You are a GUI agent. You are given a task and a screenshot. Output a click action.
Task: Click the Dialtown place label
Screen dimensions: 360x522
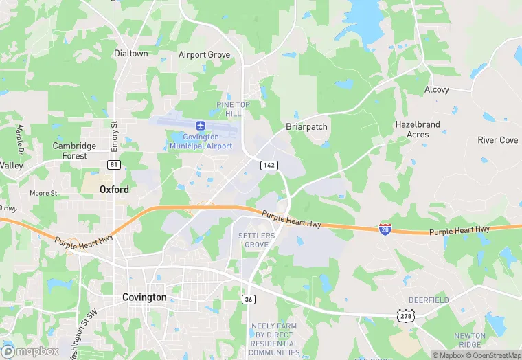coord(130,54)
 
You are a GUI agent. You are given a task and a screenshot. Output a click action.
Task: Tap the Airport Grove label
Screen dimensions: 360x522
coord(204,55)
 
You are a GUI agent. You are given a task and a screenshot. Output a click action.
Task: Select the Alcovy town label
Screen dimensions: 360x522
coord(436,90)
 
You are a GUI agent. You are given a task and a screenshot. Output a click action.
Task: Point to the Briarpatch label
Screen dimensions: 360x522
coord(306,127)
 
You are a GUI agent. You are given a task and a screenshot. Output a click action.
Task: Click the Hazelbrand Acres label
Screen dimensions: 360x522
coord(418,129)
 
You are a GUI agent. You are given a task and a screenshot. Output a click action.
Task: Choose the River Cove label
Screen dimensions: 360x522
coord(498,140)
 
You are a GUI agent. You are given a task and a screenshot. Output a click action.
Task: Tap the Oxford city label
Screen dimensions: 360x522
coord(114,190)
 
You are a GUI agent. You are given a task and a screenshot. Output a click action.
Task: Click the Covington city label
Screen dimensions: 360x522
coord(144,297)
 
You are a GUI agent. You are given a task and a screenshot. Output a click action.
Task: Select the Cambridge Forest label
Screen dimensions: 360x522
coord(74,150)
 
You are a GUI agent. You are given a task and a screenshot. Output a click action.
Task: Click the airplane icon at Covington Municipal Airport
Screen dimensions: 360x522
coord(201,125)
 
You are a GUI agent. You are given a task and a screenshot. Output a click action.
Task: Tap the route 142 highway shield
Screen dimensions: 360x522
coord(269,165)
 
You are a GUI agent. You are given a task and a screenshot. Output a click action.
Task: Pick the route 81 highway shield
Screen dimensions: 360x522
coord(114,165)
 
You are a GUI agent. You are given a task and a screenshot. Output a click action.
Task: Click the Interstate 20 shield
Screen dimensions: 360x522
coord(386,228)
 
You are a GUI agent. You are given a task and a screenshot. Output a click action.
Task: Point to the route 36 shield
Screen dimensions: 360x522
coord(249,299)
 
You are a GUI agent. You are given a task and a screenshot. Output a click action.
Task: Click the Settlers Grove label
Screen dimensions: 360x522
coord(257,240)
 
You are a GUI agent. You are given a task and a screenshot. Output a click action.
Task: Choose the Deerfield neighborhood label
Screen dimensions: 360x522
coord(429,300)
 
